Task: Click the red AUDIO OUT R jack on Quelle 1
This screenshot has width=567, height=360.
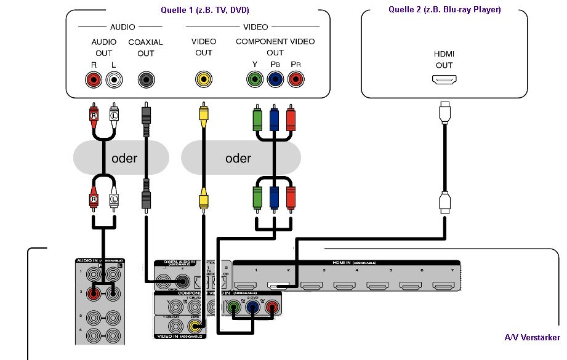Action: (x=94, y=79)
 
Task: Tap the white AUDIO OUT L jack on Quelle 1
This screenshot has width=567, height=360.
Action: (x=114, y=79)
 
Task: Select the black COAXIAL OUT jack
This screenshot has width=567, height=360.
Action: (x=146, y=79)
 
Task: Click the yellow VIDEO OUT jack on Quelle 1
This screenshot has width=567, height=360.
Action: (x=203, y=79)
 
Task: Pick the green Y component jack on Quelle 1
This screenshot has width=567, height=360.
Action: (x=254, y=79)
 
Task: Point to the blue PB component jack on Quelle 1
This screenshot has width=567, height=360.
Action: (x=275, y=79)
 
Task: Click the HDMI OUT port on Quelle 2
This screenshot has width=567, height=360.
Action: (x=443, y=80)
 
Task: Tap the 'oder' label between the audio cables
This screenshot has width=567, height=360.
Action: (x=124, y=158)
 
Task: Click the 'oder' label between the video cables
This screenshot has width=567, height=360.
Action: (x=238, y=158)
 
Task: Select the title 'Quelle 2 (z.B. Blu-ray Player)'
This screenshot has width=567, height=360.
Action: (x=444, y=9)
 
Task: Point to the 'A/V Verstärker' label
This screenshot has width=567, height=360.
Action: (x=532, y=337)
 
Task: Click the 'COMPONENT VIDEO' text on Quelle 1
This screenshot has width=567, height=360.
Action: (x=275, y=42)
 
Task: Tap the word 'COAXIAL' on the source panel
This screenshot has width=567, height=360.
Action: (x=145, y=42)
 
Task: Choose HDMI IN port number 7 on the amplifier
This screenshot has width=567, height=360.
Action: (x=442, y=286)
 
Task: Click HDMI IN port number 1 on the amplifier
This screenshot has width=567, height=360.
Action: (x=246, y=286)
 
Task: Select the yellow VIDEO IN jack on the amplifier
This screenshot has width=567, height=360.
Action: (x=196, y=327)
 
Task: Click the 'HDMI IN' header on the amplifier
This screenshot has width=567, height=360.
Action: (x=347, y=263)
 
